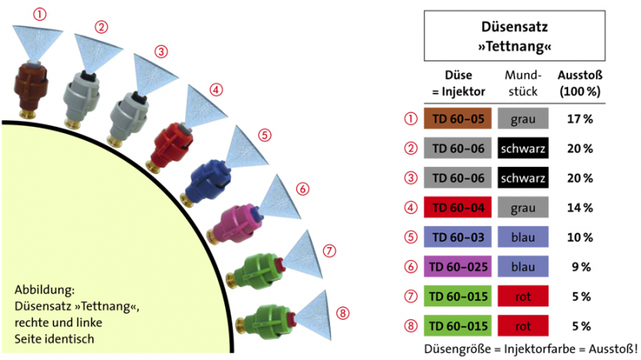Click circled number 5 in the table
coord(411,238)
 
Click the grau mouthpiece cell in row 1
coord(522,119)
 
